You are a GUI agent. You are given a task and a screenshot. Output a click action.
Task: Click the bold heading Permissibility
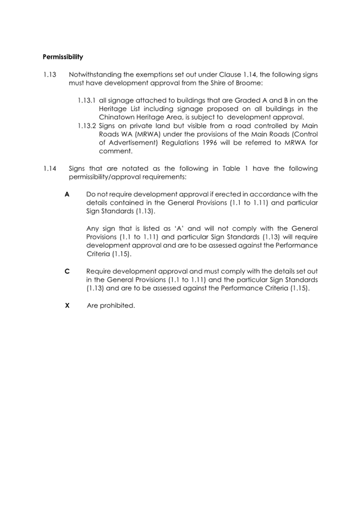tap(63, 57)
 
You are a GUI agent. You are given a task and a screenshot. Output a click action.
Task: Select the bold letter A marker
tap(67, 194)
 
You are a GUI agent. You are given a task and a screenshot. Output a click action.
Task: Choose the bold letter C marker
tap(67, 272)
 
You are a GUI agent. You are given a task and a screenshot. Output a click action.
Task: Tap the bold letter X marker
tap(67, 305)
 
